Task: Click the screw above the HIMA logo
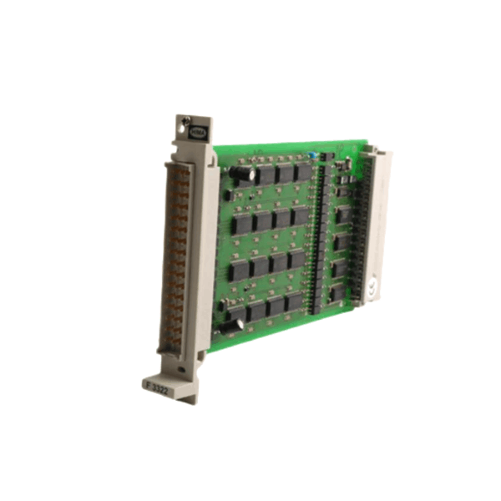187,119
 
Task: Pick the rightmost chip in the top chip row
303,171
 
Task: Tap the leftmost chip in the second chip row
243,223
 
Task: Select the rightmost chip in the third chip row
296,260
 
